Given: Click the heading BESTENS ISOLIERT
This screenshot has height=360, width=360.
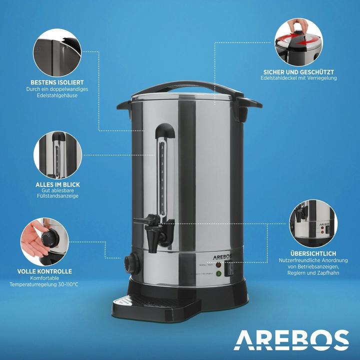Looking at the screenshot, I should click(56, 82).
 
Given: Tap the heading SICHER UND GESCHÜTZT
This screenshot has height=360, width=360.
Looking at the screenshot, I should click(299, 71).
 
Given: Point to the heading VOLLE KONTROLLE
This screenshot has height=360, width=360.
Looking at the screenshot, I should click(44, 271).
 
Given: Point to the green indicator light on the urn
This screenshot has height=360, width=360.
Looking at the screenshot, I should click(218, 273).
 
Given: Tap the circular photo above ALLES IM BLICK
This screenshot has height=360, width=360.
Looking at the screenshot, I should click(57, 154).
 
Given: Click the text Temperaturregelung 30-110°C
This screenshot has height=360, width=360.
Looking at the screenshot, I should click(44, 284).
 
